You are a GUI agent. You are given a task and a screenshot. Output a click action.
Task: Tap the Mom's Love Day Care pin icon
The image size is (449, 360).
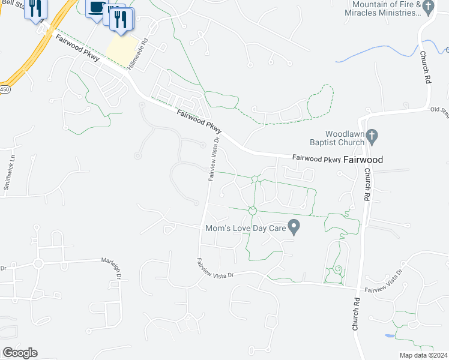click(294, 227)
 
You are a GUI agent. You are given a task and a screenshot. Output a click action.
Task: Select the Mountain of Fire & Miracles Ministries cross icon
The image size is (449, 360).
click(427, 6)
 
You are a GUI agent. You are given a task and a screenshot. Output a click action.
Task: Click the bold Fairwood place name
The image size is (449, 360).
click(363, 160)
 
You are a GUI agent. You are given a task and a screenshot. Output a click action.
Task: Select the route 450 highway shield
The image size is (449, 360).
click(4, 89)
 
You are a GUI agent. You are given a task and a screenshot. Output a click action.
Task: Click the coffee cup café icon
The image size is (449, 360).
click(96, 8)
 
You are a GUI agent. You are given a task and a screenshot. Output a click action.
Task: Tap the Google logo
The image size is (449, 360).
click(20, 353)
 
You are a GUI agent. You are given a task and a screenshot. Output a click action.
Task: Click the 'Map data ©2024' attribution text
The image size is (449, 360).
click(423, 355)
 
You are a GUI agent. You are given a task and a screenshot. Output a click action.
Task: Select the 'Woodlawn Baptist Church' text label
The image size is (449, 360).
click(345, 138)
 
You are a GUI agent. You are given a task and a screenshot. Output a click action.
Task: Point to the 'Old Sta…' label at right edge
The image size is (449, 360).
click(439, 110)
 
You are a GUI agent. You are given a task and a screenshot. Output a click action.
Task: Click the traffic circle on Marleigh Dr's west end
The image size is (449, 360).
click(39, 263)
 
